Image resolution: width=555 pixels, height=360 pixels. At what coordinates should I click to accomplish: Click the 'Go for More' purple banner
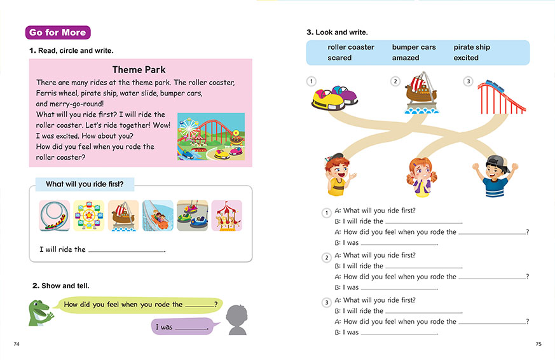tap(58, 32)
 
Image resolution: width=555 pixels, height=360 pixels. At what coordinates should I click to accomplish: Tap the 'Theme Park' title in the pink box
tap(139, 70)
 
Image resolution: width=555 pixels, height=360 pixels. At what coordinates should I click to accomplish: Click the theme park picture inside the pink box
tap(210, 136)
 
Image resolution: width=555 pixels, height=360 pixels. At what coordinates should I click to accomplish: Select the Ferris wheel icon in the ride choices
tap(88, 216)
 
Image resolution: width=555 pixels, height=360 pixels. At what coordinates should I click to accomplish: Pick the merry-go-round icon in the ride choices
tap(226, 216)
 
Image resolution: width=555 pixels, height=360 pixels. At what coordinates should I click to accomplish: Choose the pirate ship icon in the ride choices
tap(123, 216)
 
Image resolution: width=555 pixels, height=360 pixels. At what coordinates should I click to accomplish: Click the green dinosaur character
tap(41, 313)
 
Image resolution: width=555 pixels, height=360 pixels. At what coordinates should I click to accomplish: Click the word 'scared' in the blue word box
tap(339, 58)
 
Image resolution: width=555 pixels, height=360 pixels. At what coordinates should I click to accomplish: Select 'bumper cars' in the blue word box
tap(414, 47)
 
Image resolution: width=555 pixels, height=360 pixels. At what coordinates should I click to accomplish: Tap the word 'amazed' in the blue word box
tap(406, 58)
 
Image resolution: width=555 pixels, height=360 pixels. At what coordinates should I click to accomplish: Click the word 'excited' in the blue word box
tap(466, 58)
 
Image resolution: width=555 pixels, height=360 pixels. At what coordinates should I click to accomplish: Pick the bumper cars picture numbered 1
tap(334, 97)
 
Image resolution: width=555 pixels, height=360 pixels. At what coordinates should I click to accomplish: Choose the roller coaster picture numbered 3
tap(502, 97)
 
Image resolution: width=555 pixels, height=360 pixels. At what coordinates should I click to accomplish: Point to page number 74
tap(17, 344)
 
